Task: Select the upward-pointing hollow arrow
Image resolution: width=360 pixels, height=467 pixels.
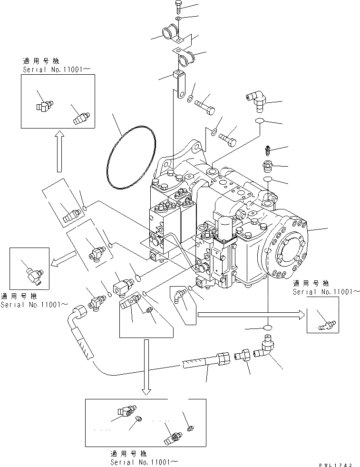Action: coord(59,151)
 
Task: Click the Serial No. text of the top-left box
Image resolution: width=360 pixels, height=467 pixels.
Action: coord(57,69)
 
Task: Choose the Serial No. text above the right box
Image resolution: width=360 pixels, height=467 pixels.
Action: coord(326,291)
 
